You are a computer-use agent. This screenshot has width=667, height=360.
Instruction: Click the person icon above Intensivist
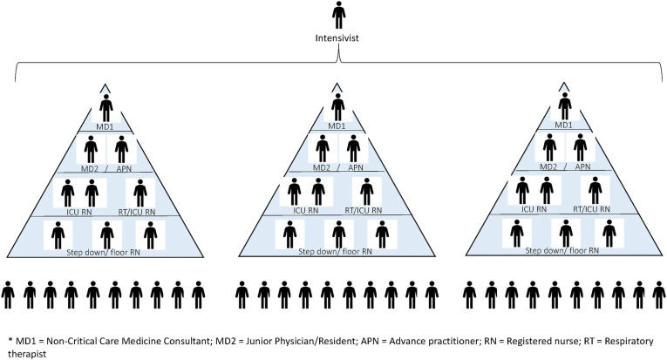click(x=338, y=17)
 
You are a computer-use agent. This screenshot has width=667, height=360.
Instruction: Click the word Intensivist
click(x=338, y=40)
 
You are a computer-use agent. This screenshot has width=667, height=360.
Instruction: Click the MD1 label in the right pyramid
click(x=565, y=125)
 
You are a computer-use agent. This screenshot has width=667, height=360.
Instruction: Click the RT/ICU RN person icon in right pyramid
click(x=596, y=190)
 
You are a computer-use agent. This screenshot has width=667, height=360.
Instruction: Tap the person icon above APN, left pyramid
click(x=122, y=148)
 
